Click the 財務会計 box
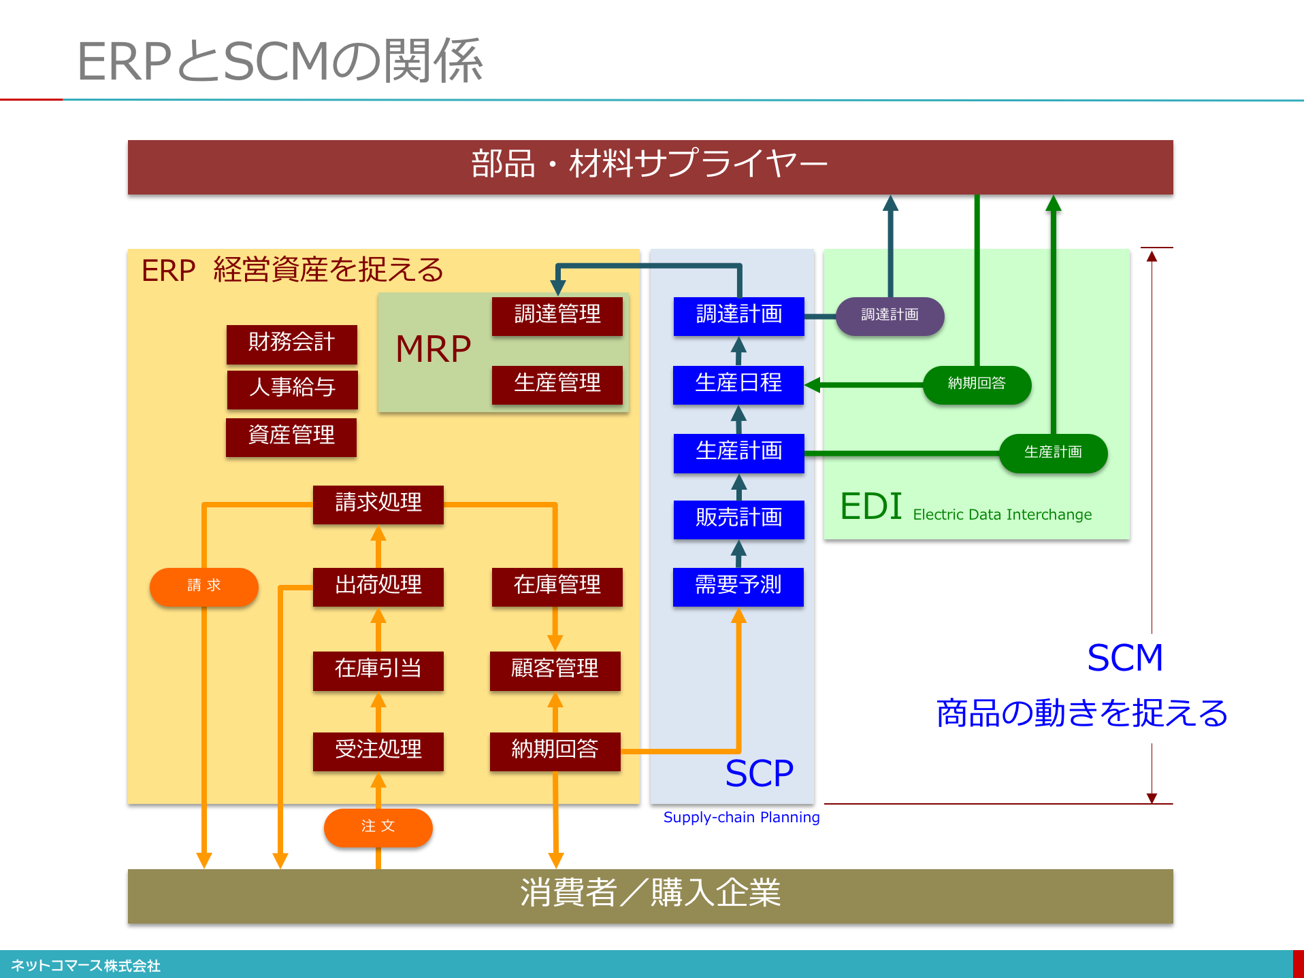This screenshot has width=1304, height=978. coord(291,343)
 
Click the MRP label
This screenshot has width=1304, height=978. coord(433,350)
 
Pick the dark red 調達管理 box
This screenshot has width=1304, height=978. coord(557,316)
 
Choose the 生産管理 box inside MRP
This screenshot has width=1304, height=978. coord(557,384)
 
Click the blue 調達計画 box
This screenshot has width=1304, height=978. coord(738,316)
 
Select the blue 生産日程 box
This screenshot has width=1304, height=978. coord(738,384)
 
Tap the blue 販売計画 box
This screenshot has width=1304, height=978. coord(738,519)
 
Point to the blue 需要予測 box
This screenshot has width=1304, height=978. coord(738,586)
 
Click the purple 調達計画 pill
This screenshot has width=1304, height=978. coord(890,316)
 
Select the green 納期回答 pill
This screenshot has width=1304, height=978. coord(977,384)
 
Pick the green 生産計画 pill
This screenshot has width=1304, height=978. coord(1053,453)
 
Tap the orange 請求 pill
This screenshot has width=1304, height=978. coord(204,586)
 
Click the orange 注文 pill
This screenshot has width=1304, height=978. coord(378,827)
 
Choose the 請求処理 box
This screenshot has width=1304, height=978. coord(378,504)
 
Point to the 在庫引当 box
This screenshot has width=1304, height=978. coord(378,670)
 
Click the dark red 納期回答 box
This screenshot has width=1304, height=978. coord(555,751)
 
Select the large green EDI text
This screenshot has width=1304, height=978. coord(871,507)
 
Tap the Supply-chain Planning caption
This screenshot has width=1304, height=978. coord(741,817)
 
